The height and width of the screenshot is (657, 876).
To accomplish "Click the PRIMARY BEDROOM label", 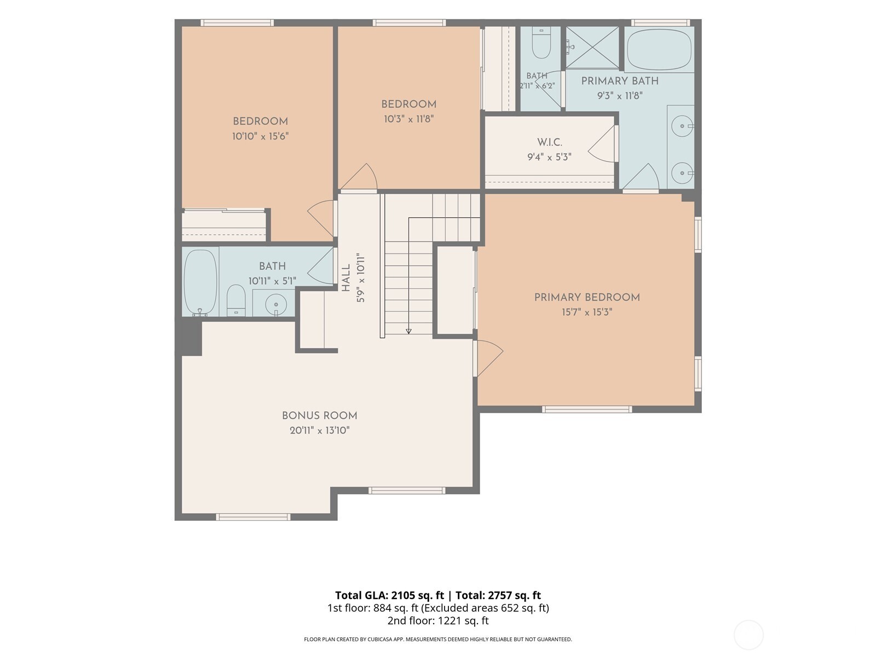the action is coord(587,297).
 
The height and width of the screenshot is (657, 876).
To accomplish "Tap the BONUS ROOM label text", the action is coord(319,416).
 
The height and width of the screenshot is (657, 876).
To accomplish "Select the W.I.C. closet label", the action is coord(550,142).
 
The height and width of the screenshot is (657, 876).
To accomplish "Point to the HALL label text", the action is coord(346,278).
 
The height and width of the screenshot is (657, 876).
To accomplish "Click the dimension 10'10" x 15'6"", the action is coord(260,136).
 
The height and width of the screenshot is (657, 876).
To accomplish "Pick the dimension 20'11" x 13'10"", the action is coord(320,430).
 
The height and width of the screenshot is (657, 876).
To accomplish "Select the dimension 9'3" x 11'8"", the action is coord(620,96).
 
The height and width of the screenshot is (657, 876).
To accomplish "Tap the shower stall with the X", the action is coord(592,48).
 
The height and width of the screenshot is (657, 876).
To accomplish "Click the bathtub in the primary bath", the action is coord(659,50).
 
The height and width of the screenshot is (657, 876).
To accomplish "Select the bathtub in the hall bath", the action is coord(200,283).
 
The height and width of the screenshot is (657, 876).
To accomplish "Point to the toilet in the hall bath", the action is coord(236,300).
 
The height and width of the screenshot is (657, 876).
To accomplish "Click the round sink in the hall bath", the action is coord(276,305).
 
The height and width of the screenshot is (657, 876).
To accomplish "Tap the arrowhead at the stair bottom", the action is coord(408,331).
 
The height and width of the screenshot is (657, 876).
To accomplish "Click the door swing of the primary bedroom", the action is coord(490,358).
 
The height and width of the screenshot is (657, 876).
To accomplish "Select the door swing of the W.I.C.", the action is coord(601,145).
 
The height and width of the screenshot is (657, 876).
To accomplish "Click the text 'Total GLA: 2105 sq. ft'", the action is coord(389,595).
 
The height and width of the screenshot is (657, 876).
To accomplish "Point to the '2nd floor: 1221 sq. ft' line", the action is coord(438,621).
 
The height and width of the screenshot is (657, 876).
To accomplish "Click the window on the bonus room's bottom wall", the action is coord(253,517).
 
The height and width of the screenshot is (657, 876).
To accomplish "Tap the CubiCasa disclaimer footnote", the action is coord(438,639).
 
